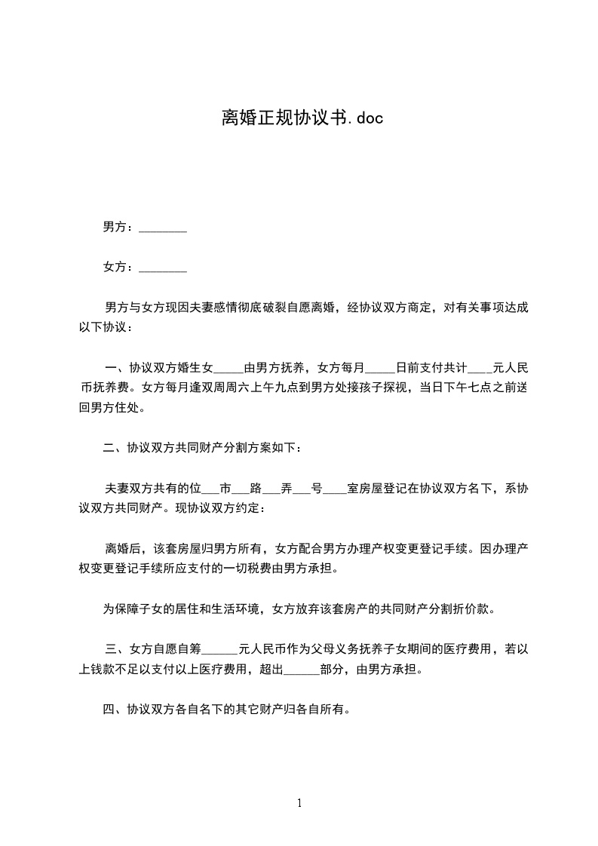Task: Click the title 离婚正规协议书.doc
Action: tap(299, 118)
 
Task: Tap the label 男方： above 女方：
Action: tap(118, 227)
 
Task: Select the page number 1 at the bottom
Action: tap(299, 804)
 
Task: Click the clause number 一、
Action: tap(116, 369)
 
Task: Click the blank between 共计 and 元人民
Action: tap(480, 369)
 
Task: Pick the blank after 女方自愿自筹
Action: tap(220, 649)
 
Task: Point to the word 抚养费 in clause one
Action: tap(115, 389)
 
